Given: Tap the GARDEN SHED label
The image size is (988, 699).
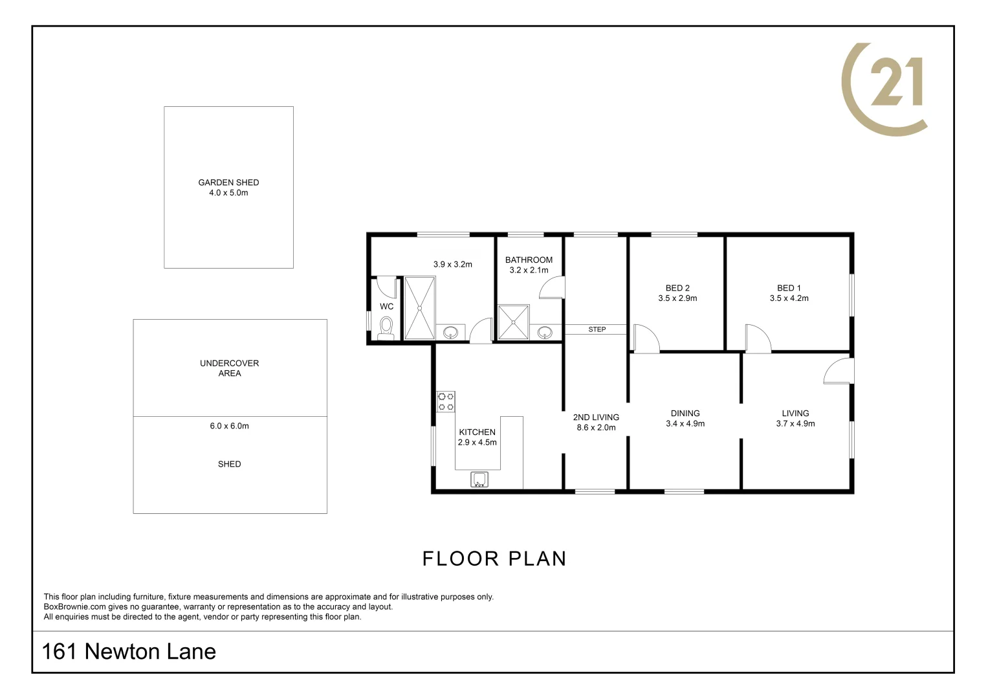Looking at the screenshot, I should point(228,183).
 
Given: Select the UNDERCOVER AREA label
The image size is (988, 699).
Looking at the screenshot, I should point(229,368).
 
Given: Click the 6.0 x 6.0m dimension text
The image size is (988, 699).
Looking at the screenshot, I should point(229,426).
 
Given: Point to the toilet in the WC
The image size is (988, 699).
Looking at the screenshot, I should point(386,327).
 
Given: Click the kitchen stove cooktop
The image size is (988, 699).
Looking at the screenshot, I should point(445,401).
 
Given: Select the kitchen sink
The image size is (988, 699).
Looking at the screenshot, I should point(479,480).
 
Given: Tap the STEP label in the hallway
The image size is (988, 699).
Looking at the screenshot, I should point(597,329).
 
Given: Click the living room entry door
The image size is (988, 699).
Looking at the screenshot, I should point(839,371).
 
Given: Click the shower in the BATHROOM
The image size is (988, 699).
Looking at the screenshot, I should point(513,322).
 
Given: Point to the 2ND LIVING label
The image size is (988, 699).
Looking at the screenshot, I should point(596,417).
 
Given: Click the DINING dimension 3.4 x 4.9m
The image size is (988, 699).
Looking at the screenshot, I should point(685,424).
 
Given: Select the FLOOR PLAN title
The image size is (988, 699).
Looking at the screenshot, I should point(494,559).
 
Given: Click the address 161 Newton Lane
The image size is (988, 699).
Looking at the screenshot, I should point(129,651).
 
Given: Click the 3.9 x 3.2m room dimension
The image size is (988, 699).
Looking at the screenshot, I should point(452,264).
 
